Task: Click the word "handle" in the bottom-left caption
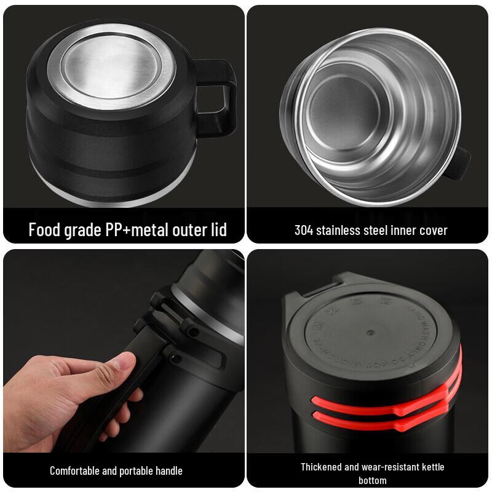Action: (167, 470)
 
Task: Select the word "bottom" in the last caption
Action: (372, 480)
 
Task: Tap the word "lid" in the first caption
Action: (217, 230)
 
